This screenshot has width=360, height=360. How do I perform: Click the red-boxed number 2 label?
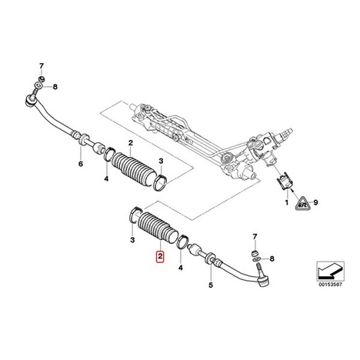161,256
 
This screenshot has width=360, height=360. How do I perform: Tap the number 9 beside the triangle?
315,202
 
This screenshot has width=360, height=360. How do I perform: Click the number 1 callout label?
287,202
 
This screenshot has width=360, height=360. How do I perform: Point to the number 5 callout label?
211,285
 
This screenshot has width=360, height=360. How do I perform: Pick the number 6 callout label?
81,164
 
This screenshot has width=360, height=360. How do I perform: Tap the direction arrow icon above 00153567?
330,271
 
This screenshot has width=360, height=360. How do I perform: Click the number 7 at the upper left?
42,66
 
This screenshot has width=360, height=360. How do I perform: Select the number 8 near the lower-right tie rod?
272,258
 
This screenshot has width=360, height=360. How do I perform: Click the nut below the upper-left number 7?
41,78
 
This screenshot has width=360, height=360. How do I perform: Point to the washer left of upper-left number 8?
38,85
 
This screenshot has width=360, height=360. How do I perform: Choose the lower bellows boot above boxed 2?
157,228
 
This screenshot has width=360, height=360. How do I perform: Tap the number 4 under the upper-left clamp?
106,178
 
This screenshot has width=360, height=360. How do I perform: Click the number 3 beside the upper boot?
161,161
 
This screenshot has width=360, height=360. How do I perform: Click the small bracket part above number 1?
285,182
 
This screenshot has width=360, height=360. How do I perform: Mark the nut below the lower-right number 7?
255,253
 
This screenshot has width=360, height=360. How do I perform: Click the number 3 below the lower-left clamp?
132,240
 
